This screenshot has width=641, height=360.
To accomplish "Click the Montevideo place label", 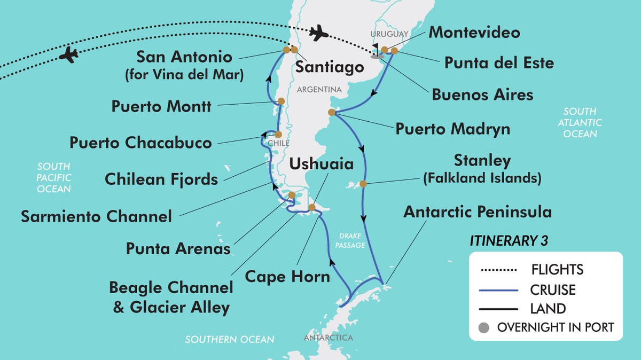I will pos(474,32).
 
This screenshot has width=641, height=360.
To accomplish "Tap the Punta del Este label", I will pos(499,63).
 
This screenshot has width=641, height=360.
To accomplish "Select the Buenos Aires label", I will pos(482,95).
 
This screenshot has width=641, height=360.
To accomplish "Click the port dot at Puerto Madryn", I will pos(332,112).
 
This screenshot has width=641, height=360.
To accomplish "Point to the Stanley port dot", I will pos(363,184).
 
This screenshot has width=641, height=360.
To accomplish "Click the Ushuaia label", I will pos(321,164).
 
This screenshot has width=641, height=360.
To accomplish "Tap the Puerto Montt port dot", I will pos(281,101).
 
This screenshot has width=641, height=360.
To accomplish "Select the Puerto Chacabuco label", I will pos(140,143).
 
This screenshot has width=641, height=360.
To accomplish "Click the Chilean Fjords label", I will pos(161,179).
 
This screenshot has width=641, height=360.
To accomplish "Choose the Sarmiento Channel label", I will pos(96,216).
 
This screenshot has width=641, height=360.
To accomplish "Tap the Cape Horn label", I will pos(287,277).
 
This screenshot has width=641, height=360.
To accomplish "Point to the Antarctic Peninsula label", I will pos(478,212).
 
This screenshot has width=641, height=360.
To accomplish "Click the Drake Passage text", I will pos(351,240).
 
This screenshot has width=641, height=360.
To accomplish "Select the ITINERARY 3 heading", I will pos(509,241).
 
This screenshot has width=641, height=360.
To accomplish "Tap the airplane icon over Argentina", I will pos(319,33).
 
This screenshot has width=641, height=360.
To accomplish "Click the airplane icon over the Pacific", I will pos(69,54).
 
